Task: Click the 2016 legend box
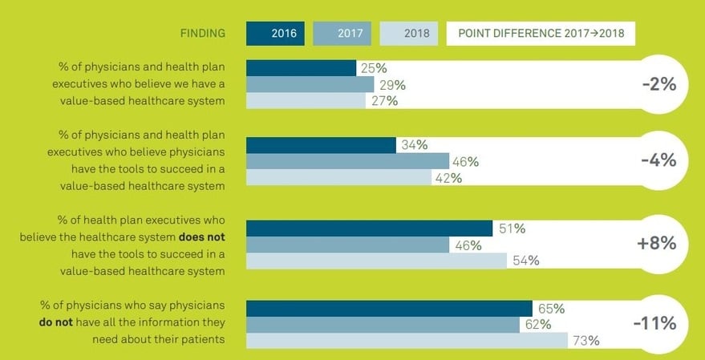[x=275, y=34]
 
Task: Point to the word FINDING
[x=202, y=34]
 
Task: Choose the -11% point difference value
[x=654, y=324]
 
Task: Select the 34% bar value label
[x=411, y=145]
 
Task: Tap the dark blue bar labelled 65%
[x=388, y=309]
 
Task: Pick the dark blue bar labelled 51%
[x=368, y=229]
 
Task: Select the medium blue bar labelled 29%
[x=310, y=84]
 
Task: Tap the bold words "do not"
[x=58, y=322]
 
